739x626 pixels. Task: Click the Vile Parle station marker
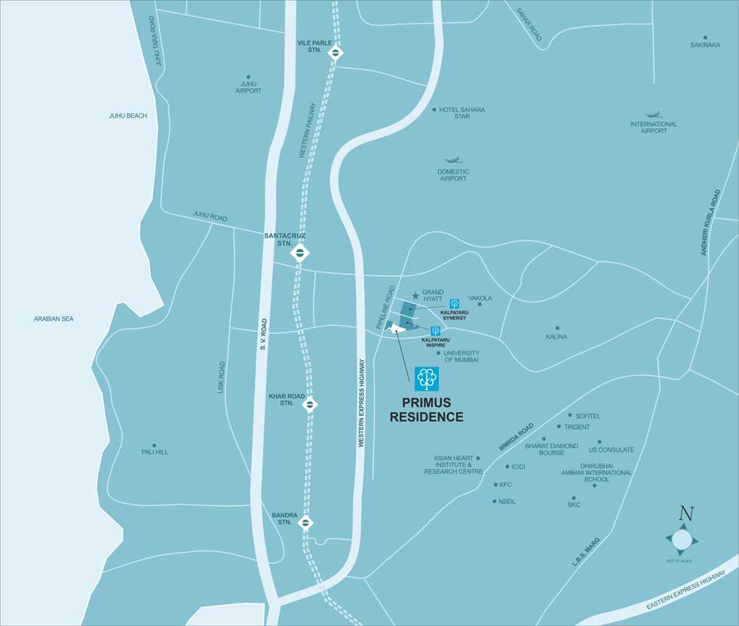[336, 52]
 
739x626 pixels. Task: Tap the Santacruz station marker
[299, 253]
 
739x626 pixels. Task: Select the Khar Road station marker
[310, 404]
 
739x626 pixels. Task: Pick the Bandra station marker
[306, 522]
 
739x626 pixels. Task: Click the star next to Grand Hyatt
[415, 296]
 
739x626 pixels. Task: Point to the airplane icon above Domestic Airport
[452, 160]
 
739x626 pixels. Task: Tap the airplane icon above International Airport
[653, 115]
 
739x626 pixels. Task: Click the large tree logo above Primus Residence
[426, 379]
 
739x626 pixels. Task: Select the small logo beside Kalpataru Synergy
[454, 304]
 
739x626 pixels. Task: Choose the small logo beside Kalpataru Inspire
[435, 330]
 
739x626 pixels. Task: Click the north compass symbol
[682, 539]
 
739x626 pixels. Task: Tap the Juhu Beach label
[127, 115]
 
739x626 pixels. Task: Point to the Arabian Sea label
[54, 319]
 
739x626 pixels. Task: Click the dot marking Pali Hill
[155, 446]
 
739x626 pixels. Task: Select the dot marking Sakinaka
[705, 37]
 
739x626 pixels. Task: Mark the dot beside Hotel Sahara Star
[434, 110]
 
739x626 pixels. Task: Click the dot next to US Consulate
[599, 442]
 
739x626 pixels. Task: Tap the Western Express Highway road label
[361, 403]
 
